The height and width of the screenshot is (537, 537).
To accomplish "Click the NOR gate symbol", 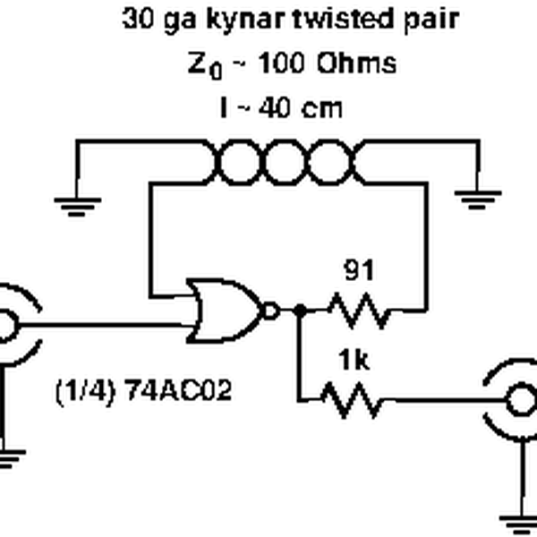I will tap(224, 311).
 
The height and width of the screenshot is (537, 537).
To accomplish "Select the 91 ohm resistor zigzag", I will tap(358, 311).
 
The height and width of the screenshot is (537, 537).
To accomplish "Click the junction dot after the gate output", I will tap(299, 311).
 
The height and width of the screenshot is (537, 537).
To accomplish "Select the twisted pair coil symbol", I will tap(286, 163).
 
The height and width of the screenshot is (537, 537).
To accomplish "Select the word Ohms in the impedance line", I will tap(355, 64).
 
